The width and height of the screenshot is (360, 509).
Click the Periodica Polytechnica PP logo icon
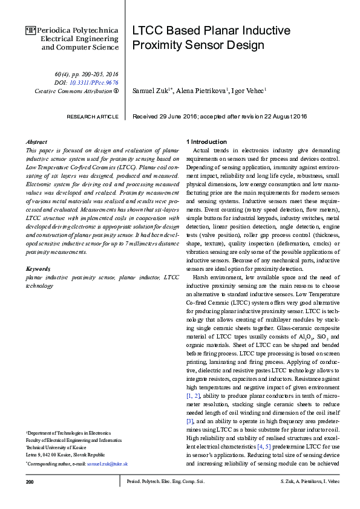[x=31, y=29]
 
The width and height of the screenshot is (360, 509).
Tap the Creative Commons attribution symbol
[x=116, y=91]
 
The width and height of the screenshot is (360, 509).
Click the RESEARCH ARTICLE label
[x=92, y=116]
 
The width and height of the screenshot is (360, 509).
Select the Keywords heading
[x=38, y=268]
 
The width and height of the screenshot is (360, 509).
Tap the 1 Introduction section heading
[x=207, y=140]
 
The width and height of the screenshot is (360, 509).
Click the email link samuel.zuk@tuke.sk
[x=107, y=464]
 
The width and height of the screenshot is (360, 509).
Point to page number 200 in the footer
[x=30, y=482]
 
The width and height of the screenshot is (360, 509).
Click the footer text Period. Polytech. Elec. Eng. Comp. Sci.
[x=165, y=482]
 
